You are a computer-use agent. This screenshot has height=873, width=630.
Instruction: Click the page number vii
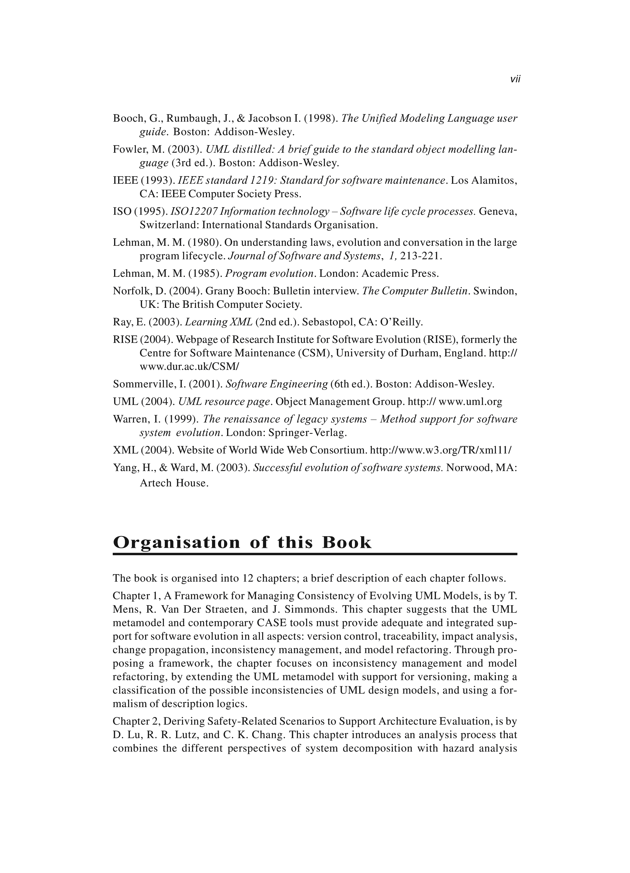(x=515, y=79)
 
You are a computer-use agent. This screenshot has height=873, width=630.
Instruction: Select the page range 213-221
(x=421, y=256)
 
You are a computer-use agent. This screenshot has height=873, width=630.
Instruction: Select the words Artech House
(x=174, y=483)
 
